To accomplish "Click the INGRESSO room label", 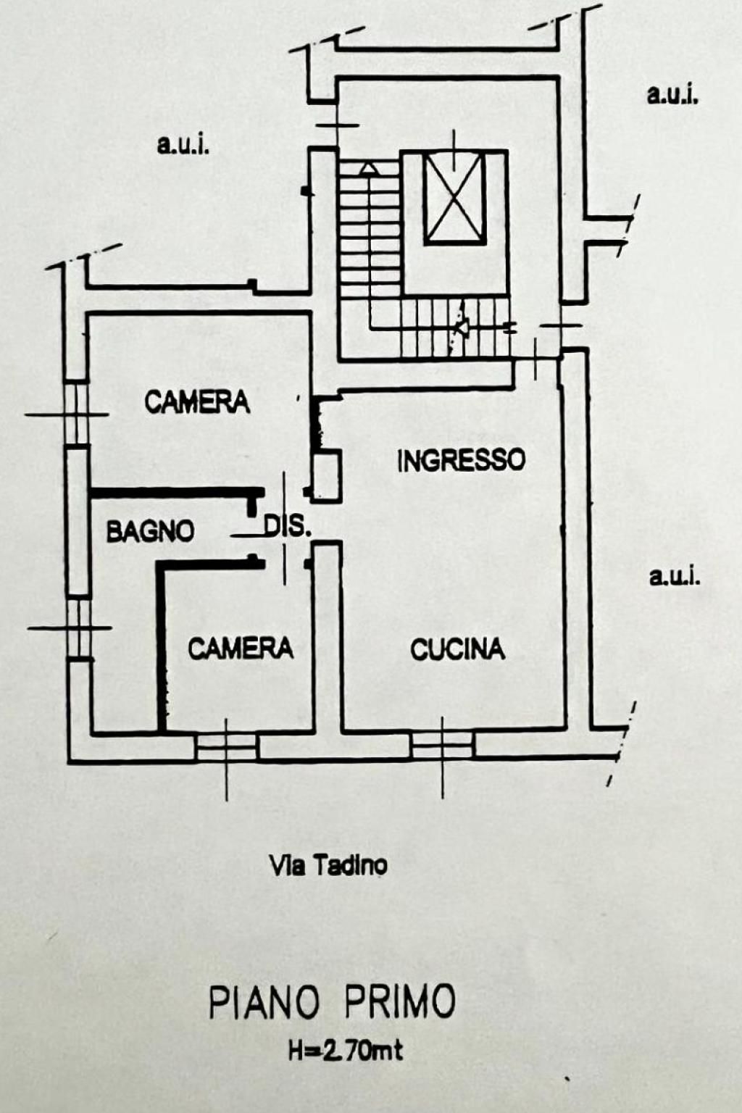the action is [461, 460].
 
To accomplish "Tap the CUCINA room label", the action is [458, 649].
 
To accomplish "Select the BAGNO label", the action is [150, 532].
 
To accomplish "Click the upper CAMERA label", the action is [197, 402].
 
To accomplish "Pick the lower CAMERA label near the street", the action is [241, 649].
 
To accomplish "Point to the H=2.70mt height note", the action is [346, 1051].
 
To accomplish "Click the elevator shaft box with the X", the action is [454, 199].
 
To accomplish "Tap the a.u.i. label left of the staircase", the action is [183, 146].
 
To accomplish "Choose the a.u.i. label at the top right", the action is [673, 95].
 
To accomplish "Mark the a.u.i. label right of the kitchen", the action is [675, 577].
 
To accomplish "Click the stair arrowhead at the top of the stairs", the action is [369, 170].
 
